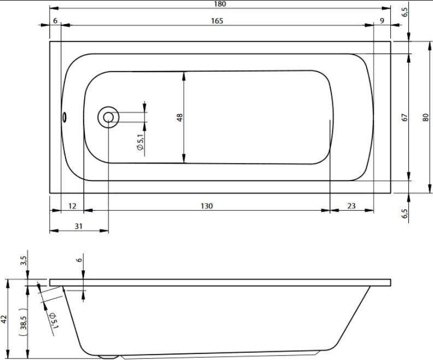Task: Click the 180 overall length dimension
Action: click(x=220, y=4)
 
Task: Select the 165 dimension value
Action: click(x=217, y=21)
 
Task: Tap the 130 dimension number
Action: click(x=207, y=206)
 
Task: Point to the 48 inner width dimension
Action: click(x=179, y=118)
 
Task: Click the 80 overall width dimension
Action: click(x=425, y=118)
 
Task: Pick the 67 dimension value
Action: click(x=405, y=118)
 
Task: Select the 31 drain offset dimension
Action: click(x=79, y=226)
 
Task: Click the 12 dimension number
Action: click(x=72, y=206)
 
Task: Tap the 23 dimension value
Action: click(x=351, y=206)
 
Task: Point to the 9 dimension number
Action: click(x=382, y=21)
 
